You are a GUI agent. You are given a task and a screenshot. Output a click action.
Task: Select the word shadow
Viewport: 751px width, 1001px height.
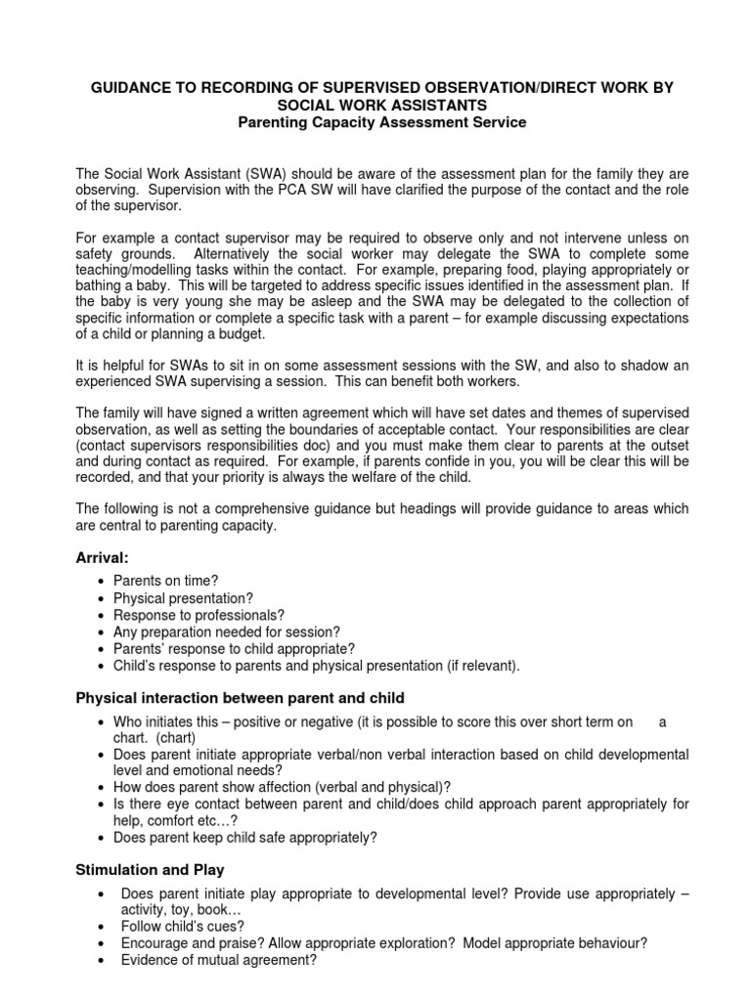pos(639,366)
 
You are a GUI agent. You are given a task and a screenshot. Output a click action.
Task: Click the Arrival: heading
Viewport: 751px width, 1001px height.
pos(103,557)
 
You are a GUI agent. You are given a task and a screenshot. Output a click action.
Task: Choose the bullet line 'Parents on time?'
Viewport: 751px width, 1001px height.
pos(165,581)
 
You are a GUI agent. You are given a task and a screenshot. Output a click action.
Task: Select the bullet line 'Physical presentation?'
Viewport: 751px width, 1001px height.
pos(183,598)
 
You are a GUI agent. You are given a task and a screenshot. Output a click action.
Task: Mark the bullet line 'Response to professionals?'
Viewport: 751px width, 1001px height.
pos(199,615)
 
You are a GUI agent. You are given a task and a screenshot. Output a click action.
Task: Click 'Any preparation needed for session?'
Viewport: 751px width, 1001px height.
pos(227,631)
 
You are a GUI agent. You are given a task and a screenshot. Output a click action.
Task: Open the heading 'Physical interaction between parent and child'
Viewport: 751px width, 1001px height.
pos(240,698)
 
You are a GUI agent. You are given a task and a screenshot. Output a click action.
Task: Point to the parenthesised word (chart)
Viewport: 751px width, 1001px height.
pos(175,738)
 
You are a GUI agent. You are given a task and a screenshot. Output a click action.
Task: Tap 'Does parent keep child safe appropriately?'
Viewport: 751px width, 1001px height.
pos(244,838)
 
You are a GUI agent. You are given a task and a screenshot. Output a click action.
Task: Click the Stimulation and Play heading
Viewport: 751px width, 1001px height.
pos(150,870)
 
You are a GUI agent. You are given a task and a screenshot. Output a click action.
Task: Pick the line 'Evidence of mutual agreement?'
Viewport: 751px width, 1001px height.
pos(219,959)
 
